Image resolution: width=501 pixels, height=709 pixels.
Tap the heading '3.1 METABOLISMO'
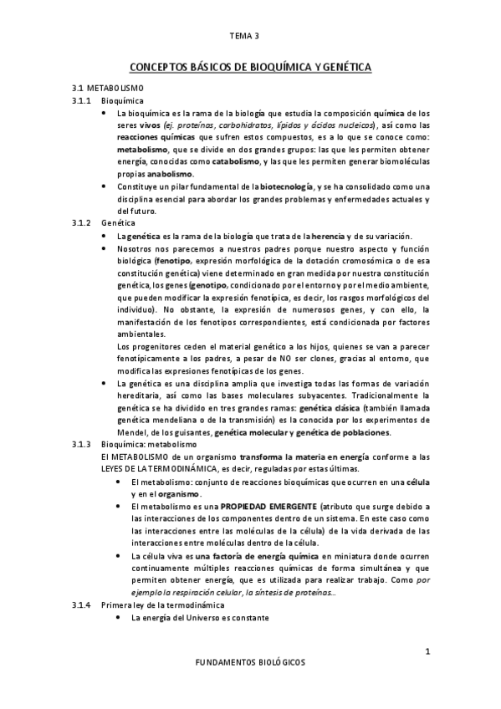107,88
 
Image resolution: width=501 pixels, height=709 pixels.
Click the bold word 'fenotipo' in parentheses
151,262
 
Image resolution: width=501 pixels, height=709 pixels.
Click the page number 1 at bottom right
427,650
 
